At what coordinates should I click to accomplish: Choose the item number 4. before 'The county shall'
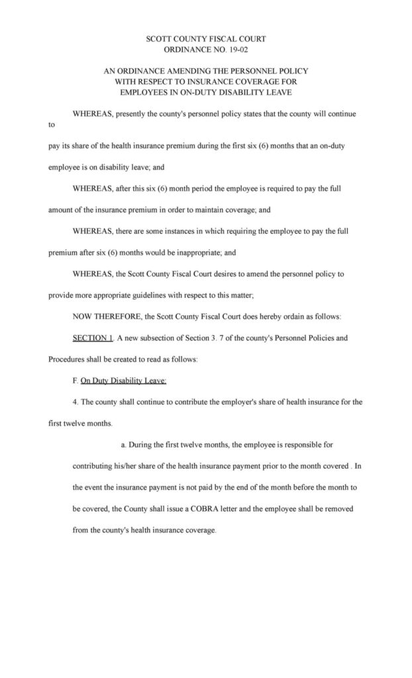[74, 402]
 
